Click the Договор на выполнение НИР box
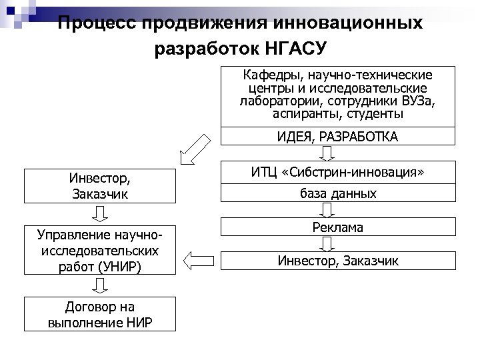pos(99,315)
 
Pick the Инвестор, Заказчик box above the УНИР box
pos(99,187)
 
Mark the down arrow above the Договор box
pos(101,286)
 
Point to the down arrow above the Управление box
pos(101,213)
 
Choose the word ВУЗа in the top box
pos(413,101)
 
